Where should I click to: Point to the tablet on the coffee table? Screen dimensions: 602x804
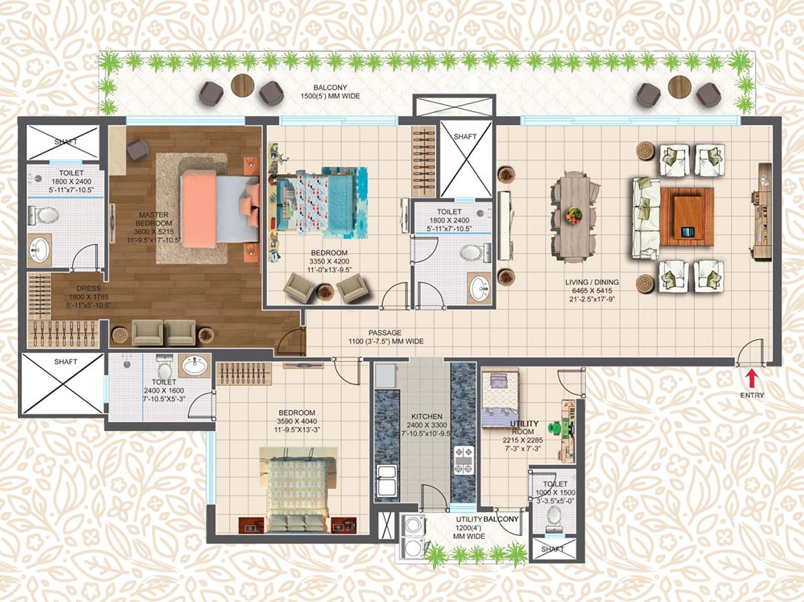[x=687, y=232]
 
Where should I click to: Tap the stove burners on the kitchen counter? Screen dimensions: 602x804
[x=463, y=461]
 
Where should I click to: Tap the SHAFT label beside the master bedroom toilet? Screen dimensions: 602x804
[x=65, y=142]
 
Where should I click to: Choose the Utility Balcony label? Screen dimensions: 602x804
[x=487, y=521]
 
